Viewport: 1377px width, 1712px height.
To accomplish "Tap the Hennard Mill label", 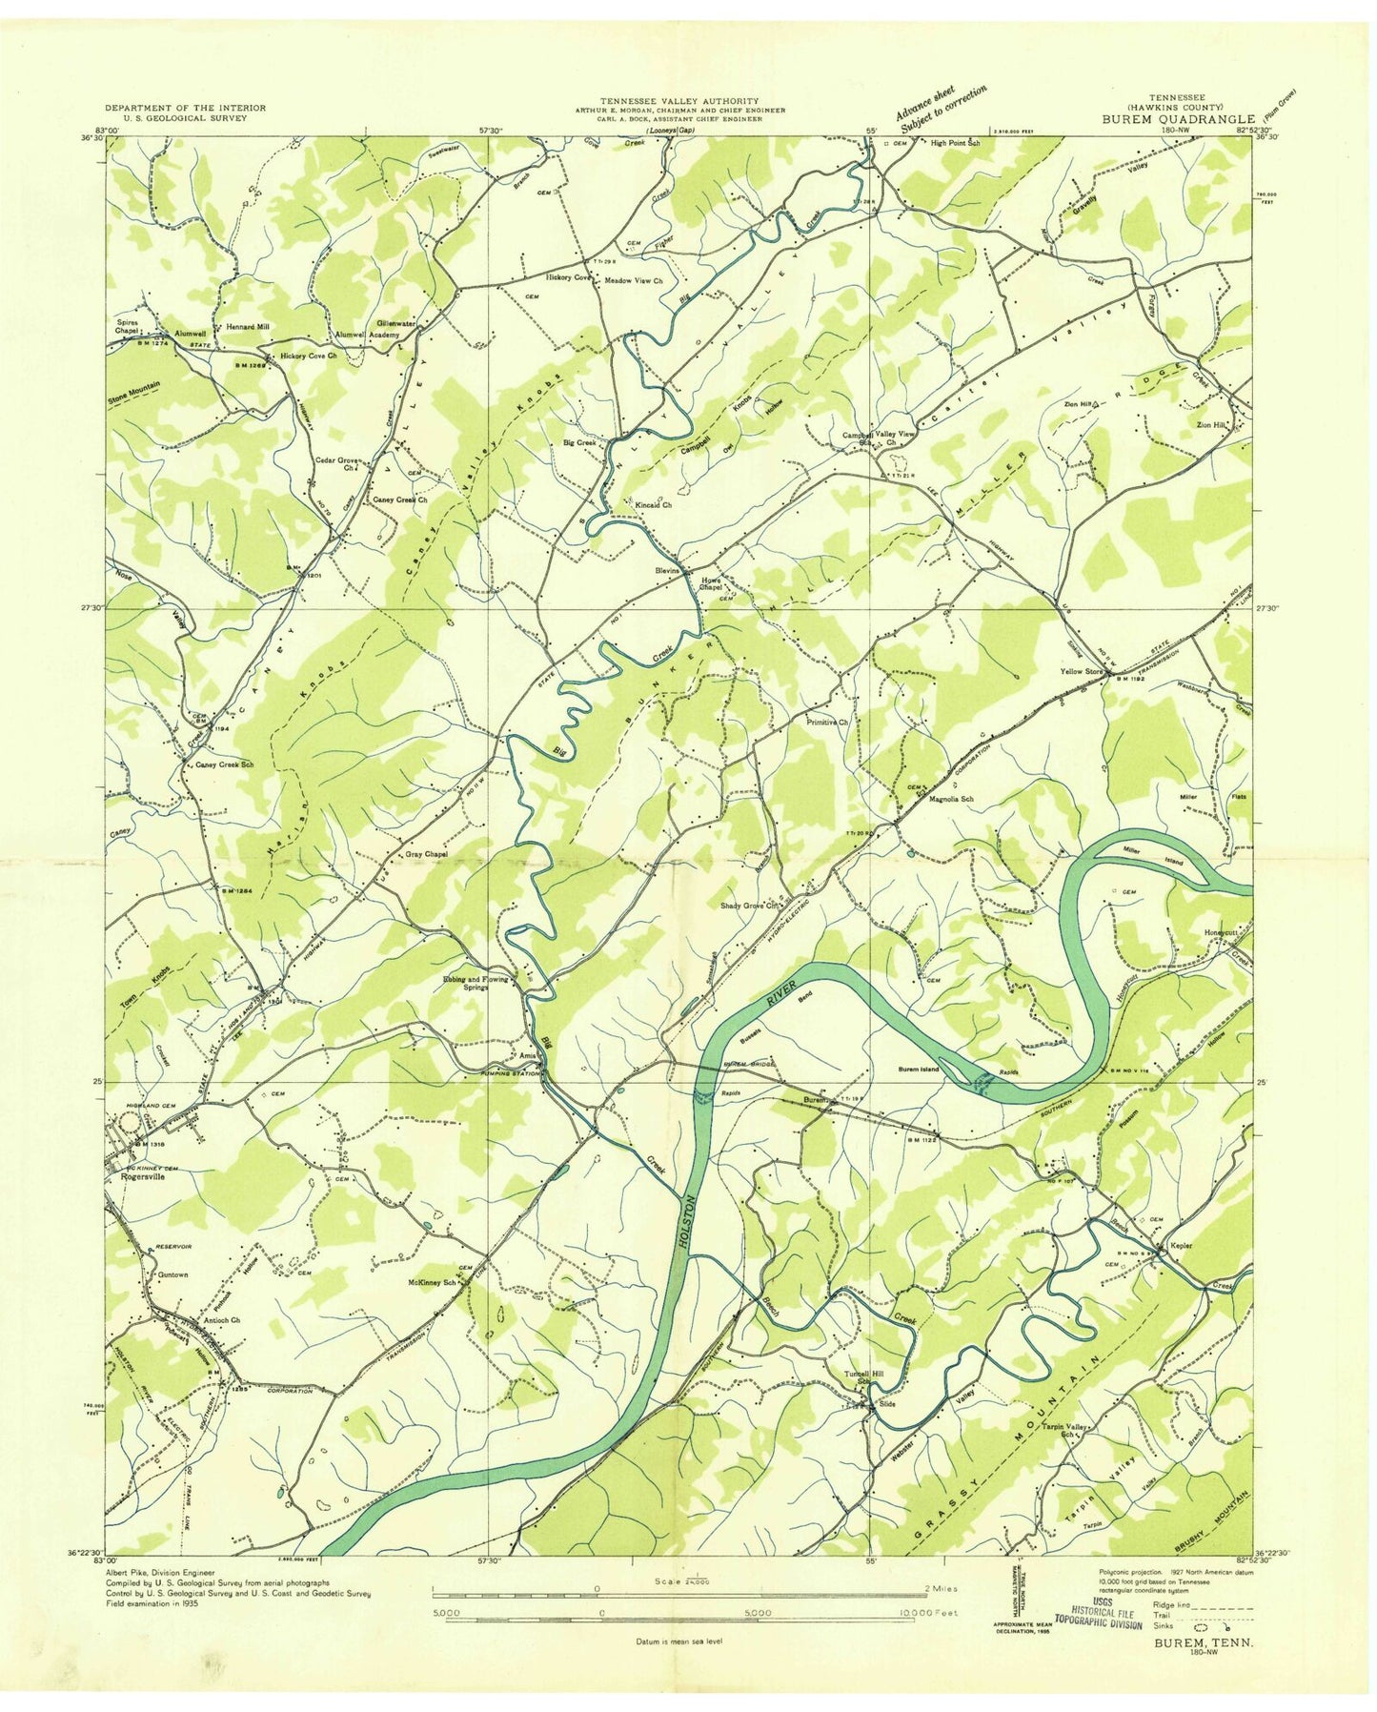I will point(247,326).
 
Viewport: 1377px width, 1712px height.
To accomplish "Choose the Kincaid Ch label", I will point(655,505).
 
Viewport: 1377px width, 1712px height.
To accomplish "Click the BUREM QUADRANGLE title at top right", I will point(1181,119).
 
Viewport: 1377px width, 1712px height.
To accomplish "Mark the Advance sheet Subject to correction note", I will point(941,108).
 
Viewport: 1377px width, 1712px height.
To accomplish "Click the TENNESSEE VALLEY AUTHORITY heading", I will point(678,100).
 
